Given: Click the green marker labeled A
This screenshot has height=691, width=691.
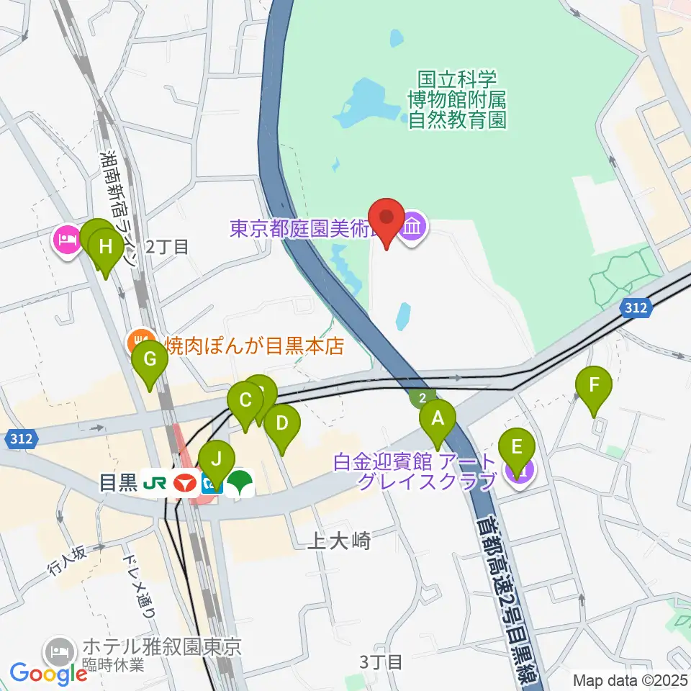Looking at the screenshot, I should (x=438, y=417).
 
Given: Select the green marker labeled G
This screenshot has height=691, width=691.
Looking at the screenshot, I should (x=150, y=358).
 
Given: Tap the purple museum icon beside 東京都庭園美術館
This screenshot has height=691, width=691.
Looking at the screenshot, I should (x=414, y=228).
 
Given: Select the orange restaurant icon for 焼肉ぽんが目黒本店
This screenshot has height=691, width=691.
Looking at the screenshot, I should (x=139, y=341).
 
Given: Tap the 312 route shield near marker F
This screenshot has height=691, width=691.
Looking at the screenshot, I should (x=636, y=309).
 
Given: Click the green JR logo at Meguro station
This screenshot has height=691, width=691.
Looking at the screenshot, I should (x=155, y=483).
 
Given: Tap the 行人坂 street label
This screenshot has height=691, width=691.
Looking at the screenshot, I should (x=68, y=559).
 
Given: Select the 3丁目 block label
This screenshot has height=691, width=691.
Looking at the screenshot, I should (x=380, y=661).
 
